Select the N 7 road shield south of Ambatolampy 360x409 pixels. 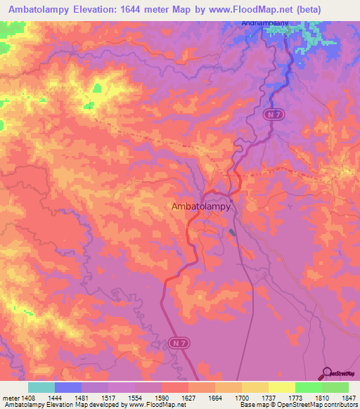177,342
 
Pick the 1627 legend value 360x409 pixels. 187,397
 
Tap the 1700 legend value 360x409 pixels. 241,397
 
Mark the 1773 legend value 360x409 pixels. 295,397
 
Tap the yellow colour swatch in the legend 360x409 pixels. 281,387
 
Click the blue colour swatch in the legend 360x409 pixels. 67,387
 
